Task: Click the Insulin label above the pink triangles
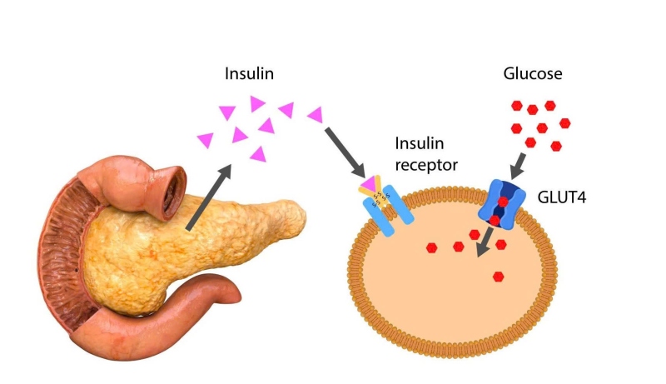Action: coord(249,73)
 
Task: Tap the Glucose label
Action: coord(533,73)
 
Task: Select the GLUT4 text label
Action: coord(561,197)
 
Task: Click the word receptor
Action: coord(426,165)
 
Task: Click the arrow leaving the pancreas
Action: coord(209,197)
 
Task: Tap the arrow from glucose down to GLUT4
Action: coord(518,167)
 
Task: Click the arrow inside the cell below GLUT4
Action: coord(485,242)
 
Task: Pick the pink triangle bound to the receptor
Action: coord(369,183)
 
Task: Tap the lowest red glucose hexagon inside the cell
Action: coord(498,277)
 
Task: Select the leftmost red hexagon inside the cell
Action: coord(431,247)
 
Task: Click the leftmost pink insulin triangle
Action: coord(206,140)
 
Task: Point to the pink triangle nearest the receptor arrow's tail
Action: coord(316,115)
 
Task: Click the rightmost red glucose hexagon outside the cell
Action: coord(565,123)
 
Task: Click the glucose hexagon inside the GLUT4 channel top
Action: coord(503,202)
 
